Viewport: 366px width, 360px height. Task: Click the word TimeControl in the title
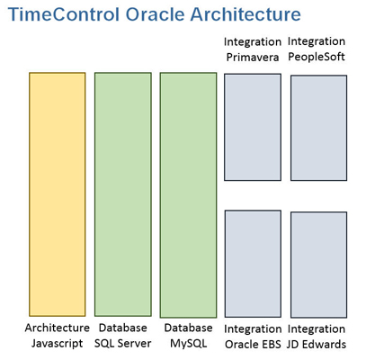pos(64,14)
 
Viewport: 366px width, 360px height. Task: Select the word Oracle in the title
pos(156,14)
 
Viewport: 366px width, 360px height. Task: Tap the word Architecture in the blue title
pos(245,14)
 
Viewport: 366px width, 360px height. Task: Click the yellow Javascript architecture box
pos(58,194)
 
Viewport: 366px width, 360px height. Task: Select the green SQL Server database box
pos(123,194)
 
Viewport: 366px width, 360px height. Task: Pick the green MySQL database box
pos(188,195)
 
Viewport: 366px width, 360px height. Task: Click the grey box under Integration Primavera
pos(253,127)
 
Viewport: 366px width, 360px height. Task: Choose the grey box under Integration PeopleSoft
pos(318,128)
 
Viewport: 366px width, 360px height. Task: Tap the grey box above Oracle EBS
pos(253,264)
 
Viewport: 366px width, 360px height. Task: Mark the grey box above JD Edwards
pos(318,265)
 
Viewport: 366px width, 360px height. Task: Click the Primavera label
pos(253,58)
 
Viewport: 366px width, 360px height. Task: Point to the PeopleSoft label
pos(317,57)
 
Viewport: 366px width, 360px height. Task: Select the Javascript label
pos(58,344)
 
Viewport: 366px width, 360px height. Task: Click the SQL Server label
pos(123,344)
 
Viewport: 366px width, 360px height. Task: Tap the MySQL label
pos(188,344)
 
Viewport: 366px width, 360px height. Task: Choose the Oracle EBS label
pos(253,345)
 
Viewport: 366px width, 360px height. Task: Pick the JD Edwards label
pos(317,345)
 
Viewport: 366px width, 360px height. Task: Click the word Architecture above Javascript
pos(58,328)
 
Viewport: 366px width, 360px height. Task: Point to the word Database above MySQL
pos(188,328)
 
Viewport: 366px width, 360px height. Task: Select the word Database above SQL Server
pos(123,328)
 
